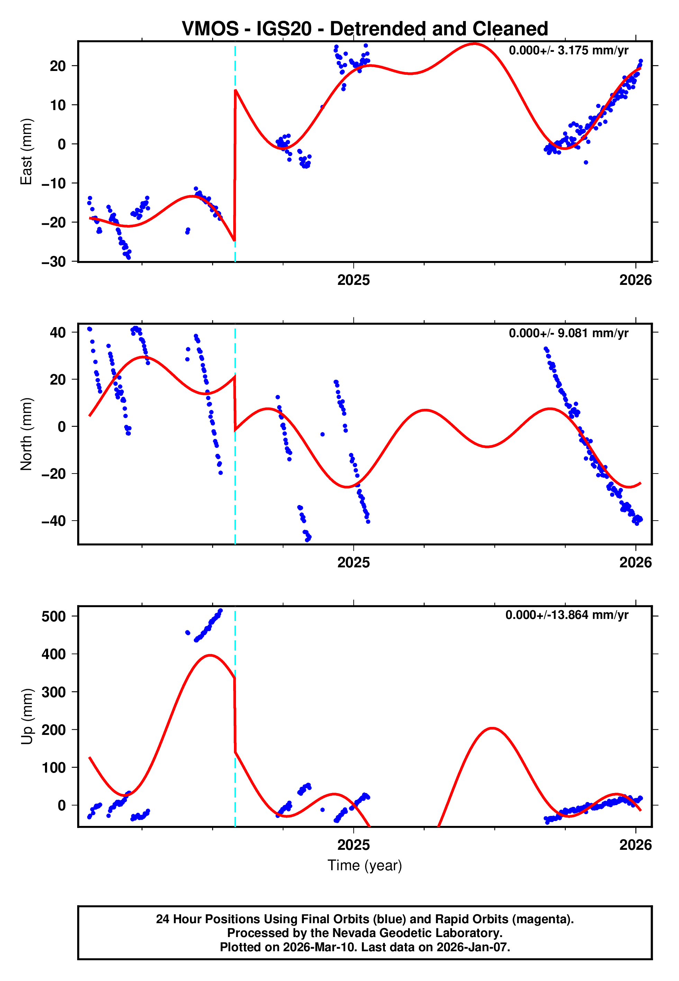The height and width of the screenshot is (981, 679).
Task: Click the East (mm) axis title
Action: (26, 152)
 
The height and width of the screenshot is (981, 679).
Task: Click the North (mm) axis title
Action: (26, 434)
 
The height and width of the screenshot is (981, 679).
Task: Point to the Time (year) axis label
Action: (365, 865)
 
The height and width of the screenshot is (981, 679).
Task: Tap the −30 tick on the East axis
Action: (54, 262)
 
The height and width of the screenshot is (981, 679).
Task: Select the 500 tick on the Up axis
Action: (54, 616)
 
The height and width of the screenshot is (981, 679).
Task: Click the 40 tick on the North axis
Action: (58, 332)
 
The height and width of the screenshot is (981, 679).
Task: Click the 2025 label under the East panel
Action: (354, 280)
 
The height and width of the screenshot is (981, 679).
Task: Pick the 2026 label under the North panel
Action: (636, 562)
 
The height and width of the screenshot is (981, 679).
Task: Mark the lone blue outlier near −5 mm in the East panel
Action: (586, 162)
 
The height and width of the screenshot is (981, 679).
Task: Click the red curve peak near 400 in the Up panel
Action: (210, 656)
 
